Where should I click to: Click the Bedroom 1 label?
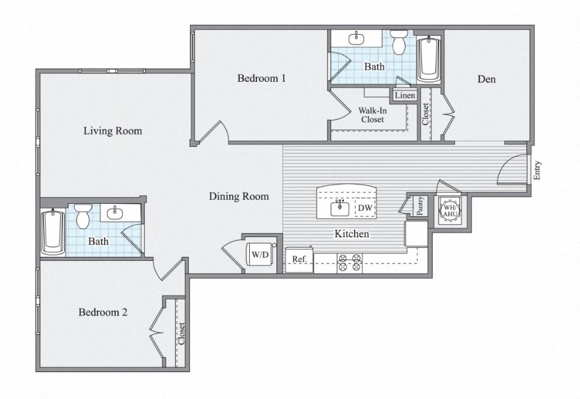click(x=261, y=79)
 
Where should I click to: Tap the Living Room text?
click(x=113, y=131)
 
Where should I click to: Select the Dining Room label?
click(x=239, y=196)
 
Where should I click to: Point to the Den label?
click(x=486, y=79)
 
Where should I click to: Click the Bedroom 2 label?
click(x=103, y=313)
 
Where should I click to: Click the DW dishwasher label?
click(x=364, y=209)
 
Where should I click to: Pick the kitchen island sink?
click(x=339, y=209)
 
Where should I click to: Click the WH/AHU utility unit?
click(x=450, y=210)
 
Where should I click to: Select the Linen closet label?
click(x=404, y=96)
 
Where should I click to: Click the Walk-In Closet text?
click(x=372, y=115)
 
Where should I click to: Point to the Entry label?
click(x=537, y=170)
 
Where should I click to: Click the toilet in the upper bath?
click(x=399, y=43)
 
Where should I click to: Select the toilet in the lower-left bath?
click(x=83, y=216)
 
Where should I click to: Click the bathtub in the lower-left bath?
click(x=52, y=233)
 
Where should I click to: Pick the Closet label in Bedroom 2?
click(x=181, y=333)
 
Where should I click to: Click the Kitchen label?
click(x=352, y=234)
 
